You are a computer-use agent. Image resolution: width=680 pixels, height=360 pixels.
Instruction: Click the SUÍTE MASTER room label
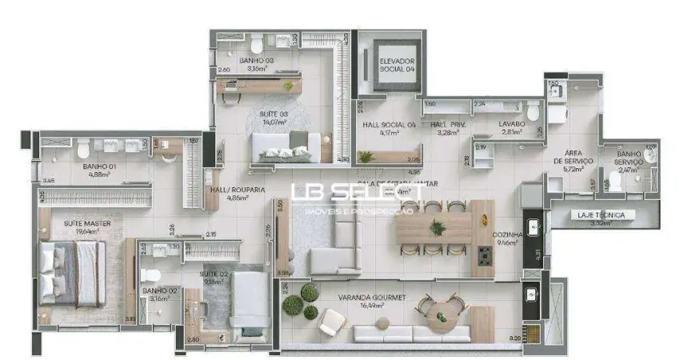[87, 222]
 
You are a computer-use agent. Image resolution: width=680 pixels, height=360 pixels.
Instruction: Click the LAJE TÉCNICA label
[604, 214]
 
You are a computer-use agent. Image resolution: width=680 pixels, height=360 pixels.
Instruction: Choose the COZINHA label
[508, 234]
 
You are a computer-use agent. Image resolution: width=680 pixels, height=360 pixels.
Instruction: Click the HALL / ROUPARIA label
[238, 190]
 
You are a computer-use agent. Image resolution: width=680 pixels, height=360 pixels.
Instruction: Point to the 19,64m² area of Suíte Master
[88, 231]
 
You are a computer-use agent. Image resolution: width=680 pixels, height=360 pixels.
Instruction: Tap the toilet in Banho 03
[257, 44]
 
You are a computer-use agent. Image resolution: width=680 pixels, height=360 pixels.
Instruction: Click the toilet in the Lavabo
[534, 110]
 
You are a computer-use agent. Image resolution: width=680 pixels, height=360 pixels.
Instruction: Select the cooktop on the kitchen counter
[485, 257]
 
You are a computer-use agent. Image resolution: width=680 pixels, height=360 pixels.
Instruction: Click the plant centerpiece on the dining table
[438, 227]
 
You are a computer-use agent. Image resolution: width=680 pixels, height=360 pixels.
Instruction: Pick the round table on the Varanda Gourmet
[439, 317]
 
